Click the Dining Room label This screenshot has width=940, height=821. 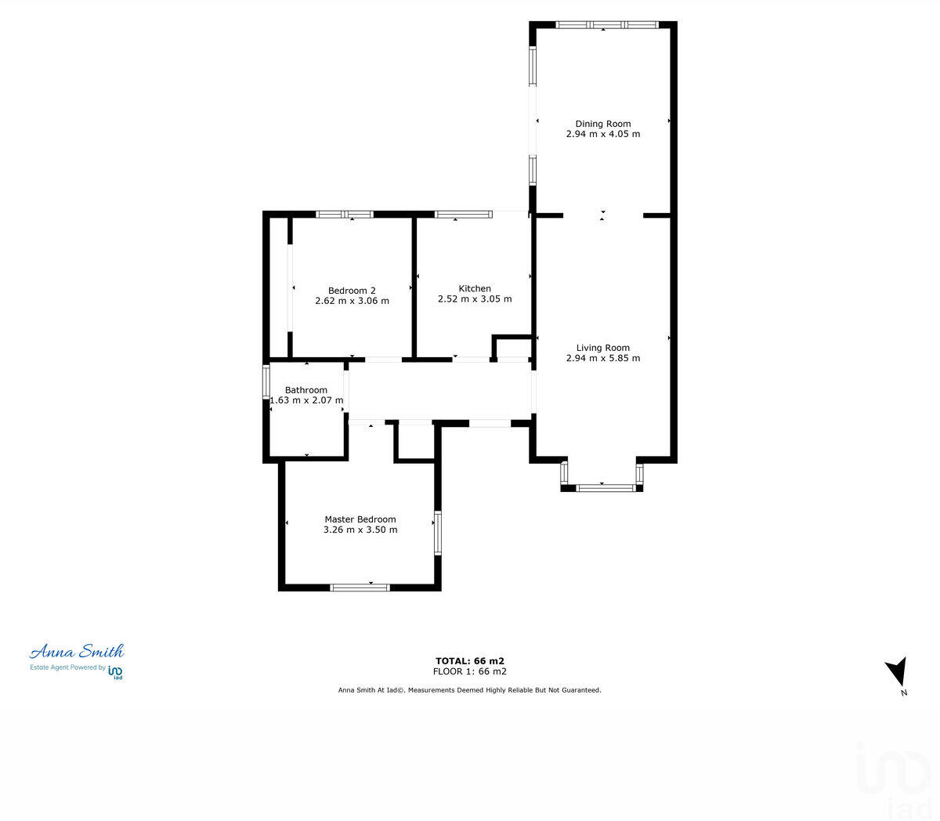(602, 124)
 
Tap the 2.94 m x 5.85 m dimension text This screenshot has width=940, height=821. (602, 359)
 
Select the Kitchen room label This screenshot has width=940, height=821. (475, 289)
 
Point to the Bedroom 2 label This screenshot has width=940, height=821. (352, 291)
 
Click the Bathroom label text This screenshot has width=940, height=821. (306, 390)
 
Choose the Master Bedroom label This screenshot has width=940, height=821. (360, 519)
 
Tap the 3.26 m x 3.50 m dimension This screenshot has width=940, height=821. (360, 530)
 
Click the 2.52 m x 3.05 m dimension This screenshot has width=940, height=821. (475, 299)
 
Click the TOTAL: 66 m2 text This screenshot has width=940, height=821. (470, 661)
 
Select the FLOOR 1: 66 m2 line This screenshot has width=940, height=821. (470, 671)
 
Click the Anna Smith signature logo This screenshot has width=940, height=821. (77, 652)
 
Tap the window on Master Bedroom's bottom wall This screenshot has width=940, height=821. (360, 587)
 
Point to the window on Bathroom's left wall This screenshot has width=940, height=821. (266, 382)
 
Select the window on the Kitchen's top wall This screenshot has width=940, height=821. (464, 214)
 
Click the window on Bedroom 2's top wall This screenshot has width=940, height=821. (345, 214)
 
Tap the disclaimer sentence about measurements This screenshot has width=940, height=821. (469, 690)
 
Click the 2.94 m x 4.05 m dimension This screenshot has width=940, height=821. (602, 134)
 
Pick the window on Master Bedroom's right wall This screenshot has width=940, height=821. (438, 533)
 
